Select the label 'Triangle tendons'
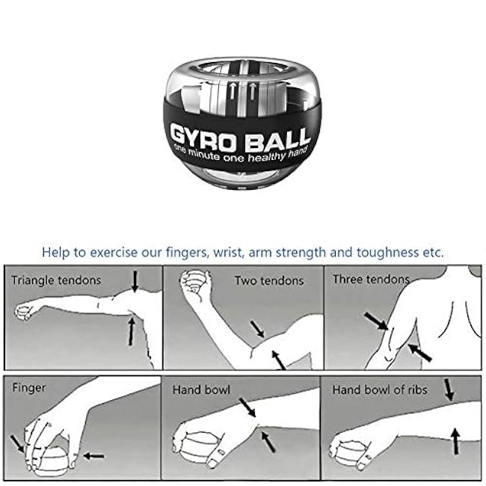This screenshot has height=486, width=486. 56,281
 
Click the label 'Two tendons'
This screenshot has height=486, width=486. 269,281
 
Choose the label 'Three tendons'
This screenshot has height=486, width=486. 371,280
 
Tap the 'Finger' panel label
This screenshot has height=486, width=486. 29,388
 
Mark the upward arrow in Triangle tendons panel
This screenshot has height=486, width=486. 132,330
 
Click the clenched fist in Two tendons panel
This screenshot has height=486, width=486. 193,284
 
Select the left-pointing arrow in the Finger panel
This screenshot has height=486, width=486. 93,455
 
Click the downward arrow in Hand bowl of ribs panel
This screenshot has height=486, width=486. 449,389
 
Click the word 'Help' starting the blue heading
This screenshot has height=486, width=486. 56,252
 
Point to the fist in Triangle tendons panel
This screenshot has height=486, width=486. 25,310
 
